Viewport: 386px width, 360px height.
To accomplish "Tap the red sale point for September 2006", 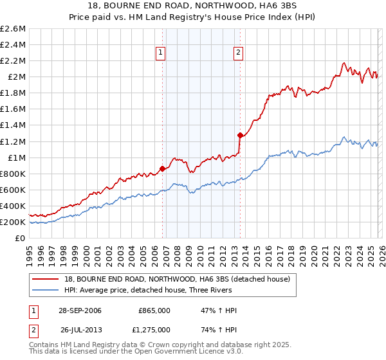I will (x=162, y=168).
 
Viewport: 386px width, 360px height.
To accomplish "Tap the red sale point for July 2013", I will (x=240, y=135).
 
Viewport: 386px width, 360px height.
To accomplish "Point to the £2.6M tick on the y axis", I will (x=14, y=29).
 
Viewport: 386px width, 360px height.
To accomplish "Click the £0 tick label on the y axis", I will (x=21, y=238).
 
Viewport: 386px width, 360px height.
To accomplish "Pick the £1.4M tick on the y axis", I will (x=14, y=125).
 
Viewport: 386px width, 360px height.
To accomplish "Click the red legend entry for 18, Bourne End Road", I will (x=178, y=279).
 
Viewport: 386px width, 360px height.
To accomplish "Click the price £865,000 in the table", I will (x=154, y=310).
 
